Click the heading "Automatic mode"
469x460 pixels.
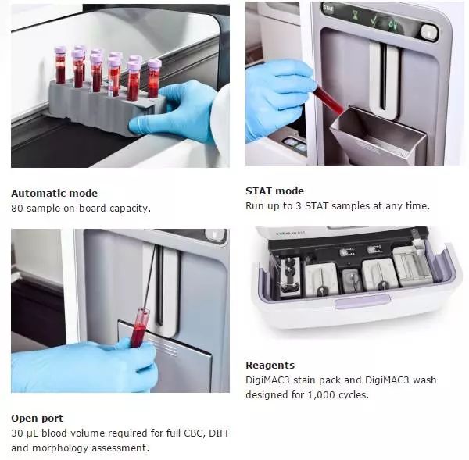pos(54,193)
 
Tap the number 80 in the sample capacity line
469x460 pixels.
pos(16,208)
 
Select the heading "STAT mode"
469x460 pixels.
pos(274,191)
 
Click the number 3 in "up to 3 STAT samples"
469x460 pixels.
pos(299,206)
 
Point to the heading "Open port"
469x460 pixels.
pos(37,418)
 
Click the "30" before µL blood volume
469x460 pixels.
pos(16,433)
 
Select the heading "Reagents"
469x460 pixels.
pos(270,366)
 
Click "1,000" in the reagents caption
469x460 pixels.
pos(321,395)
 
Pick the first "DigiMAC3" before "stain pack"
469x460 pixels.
pos(267,380)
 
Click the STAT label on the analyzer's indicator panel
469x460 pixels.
pos(328,9)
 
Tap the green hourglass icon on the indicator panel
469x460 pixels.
pos(355,16)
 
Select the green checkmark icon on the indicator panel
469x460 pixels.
pos(374,20)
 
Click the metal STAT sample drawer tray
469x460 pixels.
pos(378,135)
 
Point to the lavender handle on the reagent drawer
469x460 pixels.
pos(362,301)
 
